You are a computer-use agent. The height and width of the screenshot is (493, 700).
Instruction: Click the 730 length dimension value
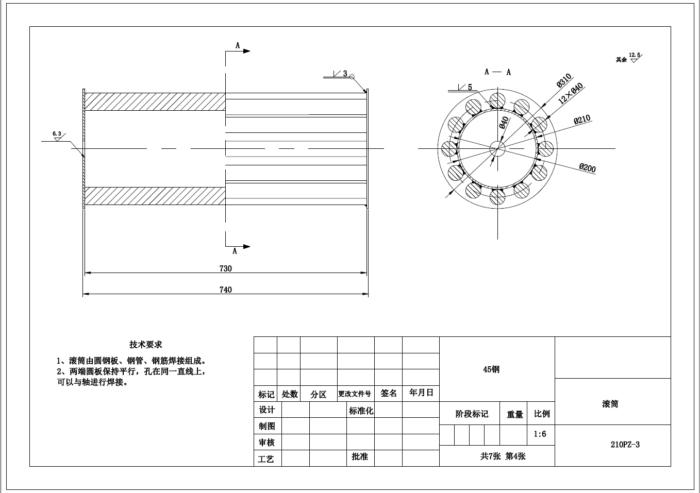(x=226, y=268)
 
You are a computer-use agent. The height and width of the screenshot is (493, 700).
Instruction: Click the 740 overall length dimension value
(x=226, y=290)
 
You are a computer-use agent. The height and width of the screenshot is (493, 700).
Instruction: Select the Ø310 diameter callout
(x=563, y=81)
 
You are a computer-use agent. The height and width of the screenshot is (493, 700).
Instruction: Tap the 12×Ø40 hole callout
(x=571, y=93)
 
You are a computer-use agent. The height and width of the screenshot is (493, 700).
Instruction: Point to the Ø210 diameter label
(x=582, y=120)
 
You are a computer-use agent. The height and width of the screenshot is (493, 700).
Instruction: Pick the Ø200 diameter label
(x=587, y=168)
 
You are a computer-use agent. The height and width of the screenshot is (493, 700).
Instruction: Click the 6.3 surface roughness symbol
(x=57, y=135)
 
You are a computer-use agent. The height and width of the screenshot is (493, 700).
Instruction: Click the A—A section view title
(x=497, y=72)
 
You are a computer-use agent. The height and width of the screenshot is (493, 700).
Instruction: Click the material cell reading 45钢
(x=491, y=369)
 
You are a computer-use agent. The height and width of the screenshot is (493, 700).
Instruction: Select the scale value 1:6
(x=540, y=434)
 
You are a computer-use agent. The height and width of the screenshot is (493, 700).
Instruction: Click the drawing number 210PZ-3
(x=625, y=445)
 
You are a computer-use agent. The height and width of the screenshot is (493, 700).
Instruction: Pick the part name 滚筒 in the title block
(x=610, y=404)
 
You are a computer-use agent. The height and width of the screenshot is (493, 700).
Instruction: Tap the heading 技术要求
(x=145, y=345)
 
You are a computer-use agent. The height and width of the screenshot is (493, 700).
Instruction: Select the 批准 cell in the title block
(x=360, y=456)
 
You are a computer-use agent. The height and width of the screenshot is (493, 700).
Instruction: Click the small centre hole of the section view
(x=497, y=149)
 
